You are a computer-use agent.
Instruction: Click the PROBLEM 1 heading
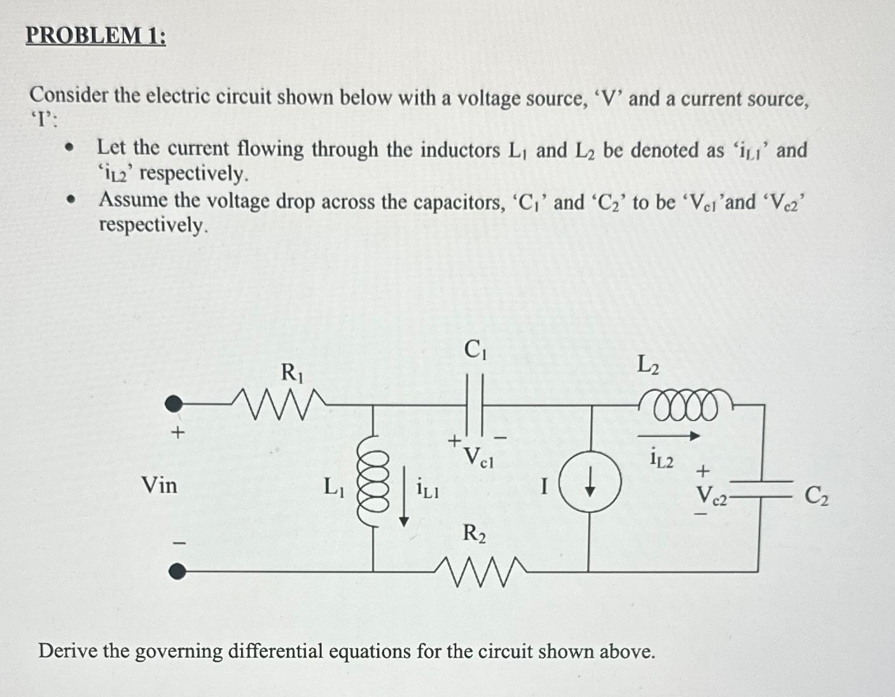tap(95, 36)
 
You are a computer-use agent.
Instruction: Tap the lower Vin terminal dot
tap(177, 571)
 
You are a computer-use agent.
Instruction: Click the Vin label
tap(159, 486)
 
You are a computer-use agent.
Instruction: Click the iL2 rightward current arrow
tap(668, 436)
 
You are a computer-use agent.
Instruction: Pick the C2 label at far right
tap(816, 495)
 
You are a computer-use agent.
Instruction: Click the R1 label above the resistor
tap(292, 372)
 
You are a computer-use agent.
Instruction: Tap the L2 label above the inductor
tap(648, 365)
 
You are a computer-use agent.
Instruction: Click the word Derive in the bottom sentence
tap(67, 651)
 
